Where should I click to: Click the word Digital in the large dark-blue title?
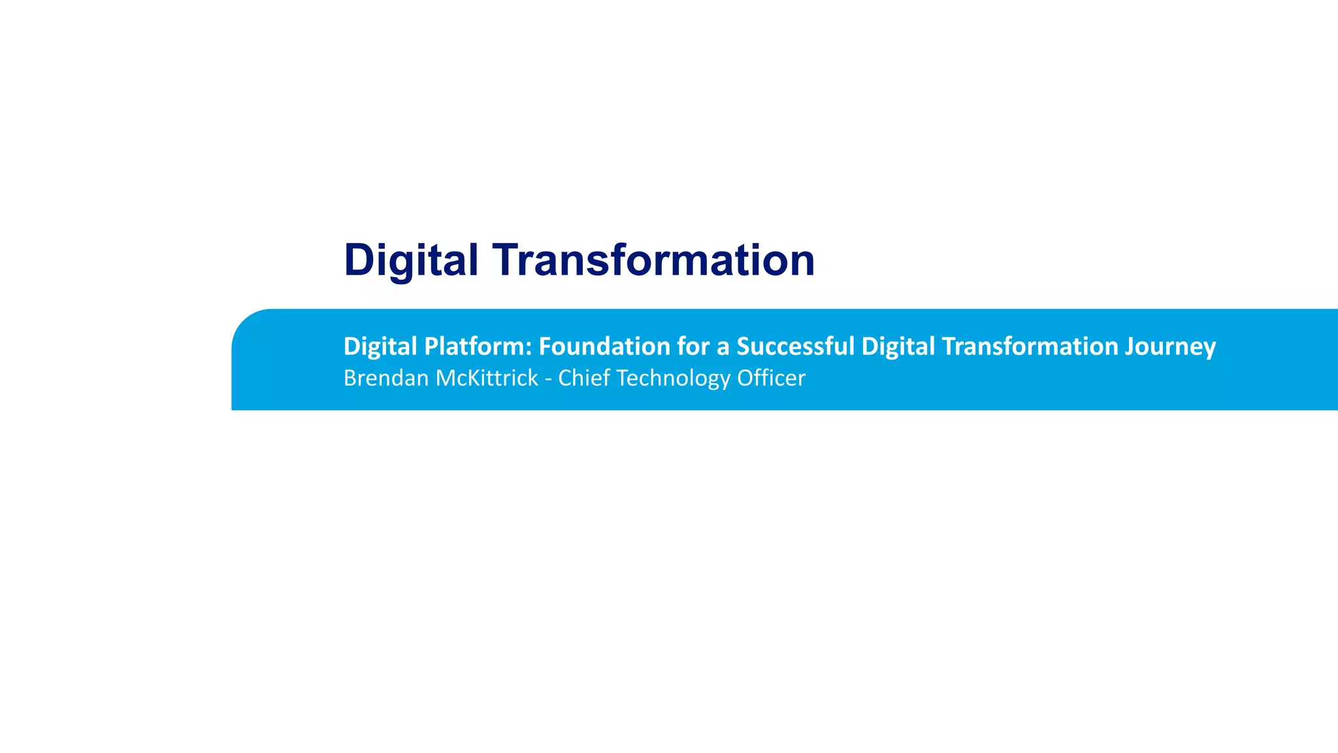click(x=411, y=260)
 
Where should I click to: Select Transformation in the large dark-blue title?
click(x=653, y=260)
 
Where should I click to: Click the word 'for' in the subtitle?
click(x=693, y=346)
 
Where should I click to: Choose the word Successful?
click(x=795, y=346)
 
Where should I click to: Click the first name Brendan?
click(x=385, y=378)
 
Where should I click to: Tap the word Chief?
click(x=583, y=378)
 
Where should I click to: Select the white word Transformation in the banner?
click(x=1030, y=346)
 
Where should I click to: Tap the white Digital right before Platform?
click(x=380, y=346)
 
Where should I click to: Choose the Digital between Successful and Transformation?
click(x=898, y=346)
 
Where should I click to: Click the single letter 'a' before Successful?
click(x=723, y=348)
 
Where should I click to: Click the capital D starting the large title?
click(x=359, y=260)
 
